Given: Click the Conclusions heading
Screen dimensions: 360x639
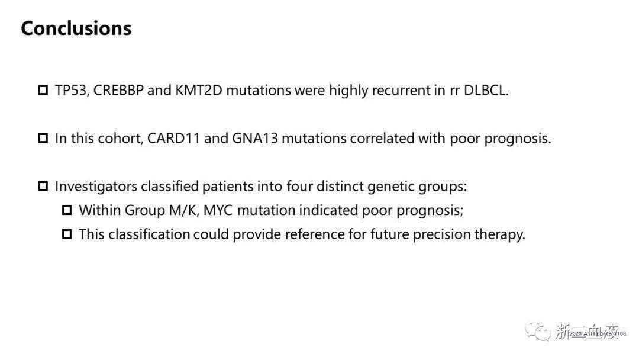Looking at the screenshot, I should (x=76, y=28).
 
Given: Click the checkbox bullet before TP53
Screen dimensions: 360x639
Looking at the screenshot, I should (x=43, y=91).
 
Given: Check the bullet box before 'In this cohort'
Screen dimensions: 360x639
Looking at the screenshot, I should (x=43, y=139).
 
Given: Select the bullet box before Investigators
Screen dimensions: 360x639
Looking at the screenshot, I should (x=43, y=187).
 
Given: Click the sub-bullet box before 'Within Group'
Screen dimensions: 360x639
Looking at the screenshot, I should (x=67, y=210).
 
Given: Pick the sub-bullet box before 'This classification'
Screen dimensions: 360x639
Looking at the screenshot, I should (x=67, y=234).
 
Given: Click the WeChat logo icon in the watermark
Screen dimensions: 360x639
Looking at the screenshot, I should (x=539, y=331).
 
